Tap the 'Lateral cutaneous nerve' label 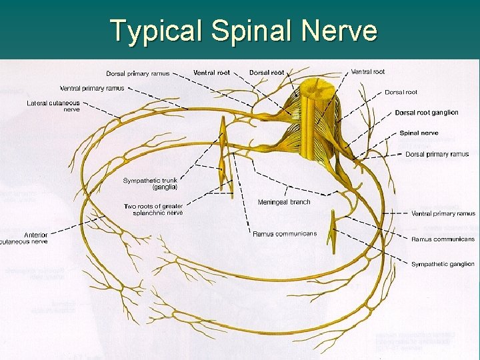[x=53, y=106]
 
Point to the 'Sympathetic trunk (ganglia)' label [x=150, y=184]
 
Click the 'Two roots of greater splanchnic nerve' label [x=153, y=210]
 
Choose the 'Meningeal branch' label [x=284, y=202]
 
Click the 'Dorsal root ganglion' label [x=427, y=113]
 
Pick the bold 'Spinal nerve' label [x=419, y=133]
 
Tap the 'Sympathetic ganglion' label [x=443, y=265]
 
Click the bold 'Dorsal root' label [x=266, y=72]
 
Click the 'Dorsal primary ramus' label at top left [x=137, y=73]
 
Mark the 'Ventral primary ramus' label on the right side [x=443, y=213]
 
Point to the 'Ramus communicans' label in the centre [x=285, y=233]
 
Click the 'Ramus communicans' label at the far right [x=443, y=239]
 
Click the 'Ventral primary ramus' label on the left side [x=92, y=88]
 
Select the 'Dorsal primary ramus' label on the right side [x=437, y=154]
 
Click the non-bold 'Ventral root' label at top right [x=368, y=71]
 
